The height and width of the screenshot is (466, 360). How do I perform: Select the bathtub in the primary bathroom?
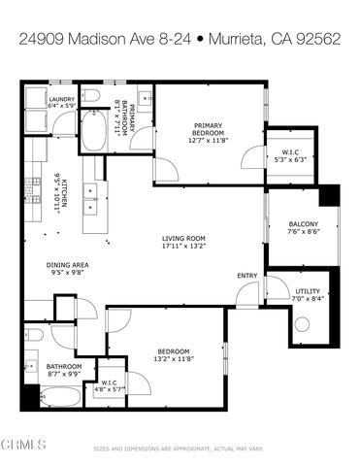click(94, 133)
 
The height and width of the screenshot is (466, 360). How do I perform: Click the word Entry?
click(247, 276)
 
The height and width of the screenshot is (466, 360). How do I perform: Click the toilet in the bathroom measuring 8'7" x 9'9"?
click(32, 335)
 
